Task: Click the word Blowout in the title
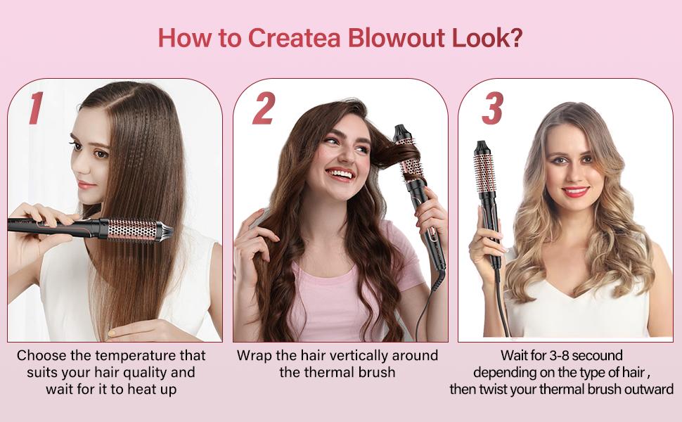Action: click(x=396, y=38)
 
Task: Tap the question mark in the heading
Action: click(x=515, y=38)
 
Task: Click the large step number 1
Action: click(x=36, y=108)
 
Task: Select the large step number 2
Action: click(x=264, y=108)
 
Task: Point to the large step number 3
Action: click(x=493, y=108)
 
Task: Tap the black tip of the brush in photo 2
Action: click(x=400, y=131)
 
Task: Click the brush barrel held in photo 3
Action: click(x=485, y=172)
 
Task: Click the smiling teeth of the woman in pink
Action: click(x=340, y=174)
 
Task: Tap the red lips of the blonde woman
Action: click(x=575, y=191)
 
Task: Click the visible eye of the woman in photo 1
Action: click(x=101, y=154)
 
